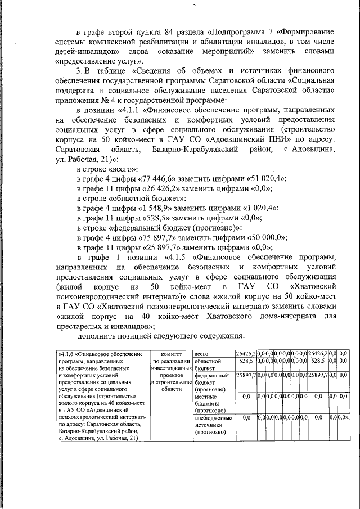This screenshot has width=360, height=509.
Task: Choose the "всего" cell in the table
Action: click(202, 354)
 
